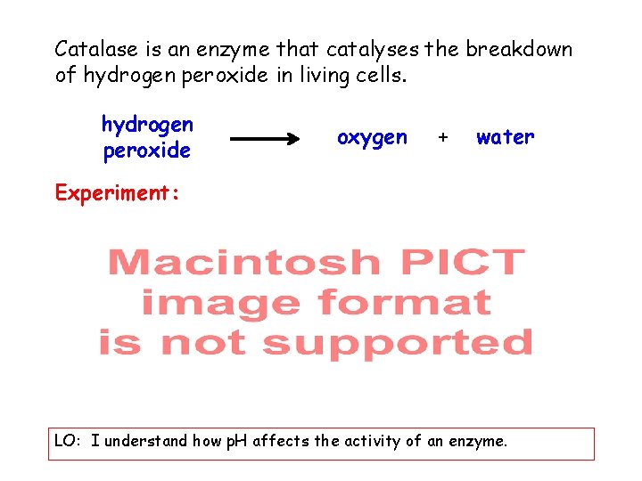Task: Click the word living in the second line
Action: (x=320, y=76)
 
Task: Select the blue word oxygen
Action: (x=372, y=138)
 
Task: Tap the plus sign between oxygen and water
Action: (x=441, y=138)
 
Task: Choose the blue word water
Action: (x=505, y=137)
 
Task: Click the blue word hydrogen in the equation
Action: (x=147, y=124)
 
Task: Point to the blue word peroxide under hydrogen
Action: (x=147, y=151)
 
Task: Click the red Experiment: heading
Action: (x=117, y=192)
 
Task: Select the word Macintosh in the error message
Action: (x=243, y=263)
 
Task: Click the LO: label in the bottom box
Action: (x=69, y=441)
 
